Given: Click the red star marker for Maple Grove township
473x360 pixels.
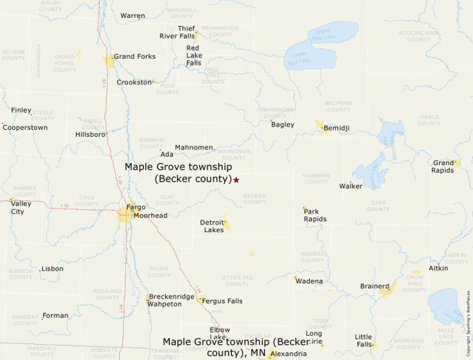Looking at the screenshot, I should tap(236, 180).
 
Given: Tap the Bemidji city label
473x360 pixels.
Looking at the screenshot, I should tap(336, 129).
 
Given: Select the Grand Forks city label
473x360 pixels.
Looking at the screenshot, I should tap(134, 57).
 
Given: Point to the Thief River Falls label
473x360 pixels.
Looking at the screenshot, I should tap(177, 32).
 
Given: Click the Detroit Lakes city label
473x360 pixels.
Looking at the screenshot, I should tap(212, 226).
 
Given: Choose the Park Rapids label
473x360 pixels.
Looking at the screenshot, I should tap(315, 215).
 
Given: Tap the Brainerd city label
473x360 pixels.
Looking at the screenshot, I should tap(374, 286).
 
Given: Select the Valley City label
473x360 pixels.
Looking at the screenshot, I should tap(21, 208).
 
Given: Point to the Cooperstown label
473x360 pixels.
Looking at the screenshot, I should tap(26, 128).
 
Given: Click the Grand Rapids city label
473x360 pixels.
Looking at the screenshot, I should tap(443, 167).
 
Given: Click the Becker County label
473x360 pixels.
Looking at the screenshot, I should tap(254, 199).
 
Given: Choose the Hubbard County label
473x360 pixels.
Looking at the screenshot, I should tap(316, 178).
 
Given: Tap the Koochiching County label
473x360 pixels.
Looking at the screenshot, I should tap(418, 36).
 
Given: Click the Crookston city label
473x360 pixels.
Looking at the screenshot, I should tap(133, 82).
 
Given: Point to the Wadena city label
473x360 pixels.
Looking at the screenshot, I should tap(308, 281).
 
